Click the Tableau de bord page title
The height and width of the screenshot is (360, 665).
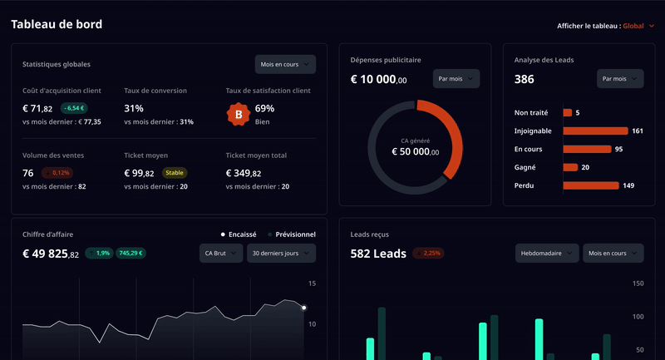pos(57,25)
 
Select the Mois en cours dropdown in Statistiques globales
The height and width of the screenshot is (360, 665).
pos(285,64)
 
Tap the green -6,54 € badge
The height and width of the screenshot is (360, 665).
pos(74,108)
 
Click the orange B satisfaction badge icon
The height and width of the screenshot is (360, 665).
pos(239,113)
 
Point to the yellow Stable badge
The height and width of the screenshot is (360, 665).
pos(175,173)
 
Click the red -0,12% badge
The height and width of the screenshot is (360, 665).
pos(57,173)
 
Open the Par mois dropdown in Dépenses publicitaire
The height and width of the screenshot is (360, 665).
pos(456,79)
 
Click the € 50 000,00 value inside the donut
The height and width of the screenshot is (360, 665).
pos(415,152)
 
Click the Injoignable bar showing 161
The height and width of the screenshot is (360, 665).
pos(595,131)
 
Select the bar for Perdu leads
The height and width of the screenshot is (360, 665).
pos(590,185)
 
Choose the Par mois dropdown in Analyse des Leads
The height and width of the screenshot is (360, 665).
pos(620,79)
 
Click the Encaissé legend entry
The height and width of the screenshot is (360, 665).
pos(239,234)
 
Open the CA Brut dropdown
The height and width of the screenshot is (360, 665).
pos(221,254)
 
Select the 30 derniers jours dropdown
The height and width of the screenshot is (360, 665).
pos(281,254)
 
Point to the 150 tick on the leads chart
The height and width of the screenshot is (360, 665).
pos(638,284)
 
